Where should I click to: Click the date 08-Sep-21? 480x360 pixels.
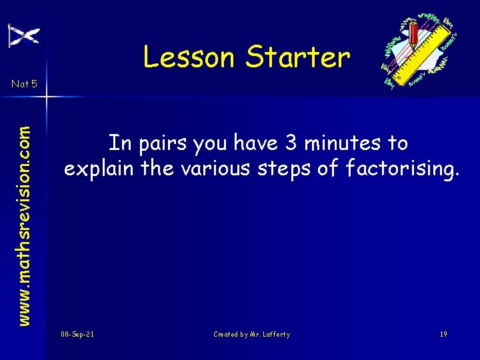[x=77, y=334]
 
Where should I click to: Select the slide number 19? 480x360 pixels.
[x=443, y=334]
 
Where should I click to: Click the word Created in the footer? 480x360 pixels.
[x=227, y=334]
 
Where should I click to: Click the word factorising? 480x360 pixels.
[x=401, y=169]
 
